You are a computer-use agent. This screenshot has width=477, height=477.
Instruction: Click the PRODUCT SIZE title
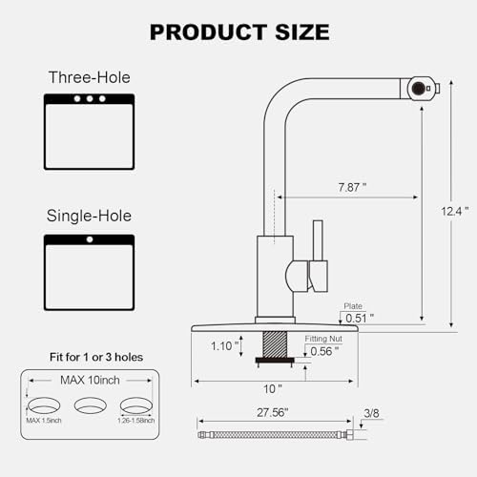pos(238,31)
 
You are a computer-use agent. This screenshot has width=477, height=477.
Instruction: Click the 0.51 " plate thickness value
pos(360,318)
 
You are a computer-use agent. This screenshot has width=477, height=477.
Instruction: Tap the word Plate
pos(352,307)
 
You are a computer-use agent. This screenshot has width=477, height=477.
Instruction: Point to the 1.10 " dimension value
pos(224,346)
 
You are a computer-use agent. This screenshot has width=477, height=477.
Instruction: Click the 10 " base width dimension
pos(273,388)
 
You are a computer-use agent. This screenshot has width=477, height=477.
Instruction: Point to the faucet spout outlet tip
pos(418,88)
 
